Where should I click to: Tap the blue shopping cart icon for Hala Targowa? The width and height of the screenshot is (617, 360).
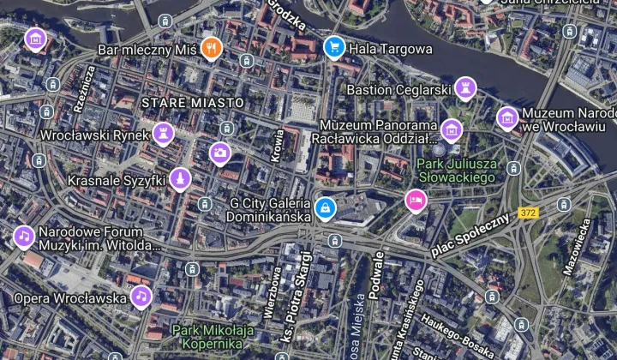pyautogui.click(x=333, y=48)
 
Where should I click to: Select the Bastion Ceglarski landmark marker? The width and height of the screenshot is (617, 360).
pyautogui.click(x=464, y=87)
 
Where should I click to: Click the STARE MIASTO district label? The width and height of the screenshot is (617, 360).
pyautogui.click(x=193, y=102)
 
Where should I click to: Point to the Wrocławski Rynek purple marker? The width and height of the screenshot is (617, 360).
pyautogui.click(x=163, y=133)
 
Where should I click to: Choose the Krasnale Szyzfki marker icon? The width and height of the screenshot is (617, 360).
pyautogui.click(x=179, y=179)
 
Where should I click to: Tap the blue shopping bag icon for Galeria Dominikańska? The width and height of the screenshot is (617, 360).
pyautogui.click(x=325, y=207)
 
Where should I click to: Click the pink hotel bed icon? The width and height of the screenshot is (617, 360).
pyautogui.click(x=416, y=200)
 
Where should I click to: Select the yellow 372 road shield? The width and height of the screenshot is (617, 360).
pyautogui.click(x=529, y=213)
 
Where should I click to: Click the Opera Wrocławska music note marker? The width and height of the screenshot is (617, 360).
pyautogui.click(x=141, y=297)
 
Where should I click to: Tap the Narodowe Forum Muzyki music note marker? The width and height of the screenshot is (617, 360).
pyautogui.click(x=24, y=236)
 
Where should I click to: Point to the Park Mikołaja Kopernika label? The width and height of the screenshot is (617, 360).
pyautogui.click(x=213, y=335)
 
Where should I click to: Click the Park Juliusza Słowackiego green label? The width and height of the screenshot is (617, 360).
pyautogui.click(x=457, y=170)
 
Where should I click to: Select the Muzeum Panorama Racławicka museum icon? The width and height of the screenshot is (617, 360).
pyautogui.click(x=452, y=130)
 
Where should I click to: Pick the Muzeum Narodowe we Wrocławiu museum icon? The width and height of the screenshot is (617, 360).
pyautogui.click(x=507, y=117)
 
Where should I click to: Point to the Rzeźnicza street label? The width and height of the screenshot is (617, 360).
pyautogui.click(x=82, y=88)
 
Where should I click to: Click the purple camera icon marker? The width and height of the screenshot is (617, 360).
pyautogui.click(x=220, y=153)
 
